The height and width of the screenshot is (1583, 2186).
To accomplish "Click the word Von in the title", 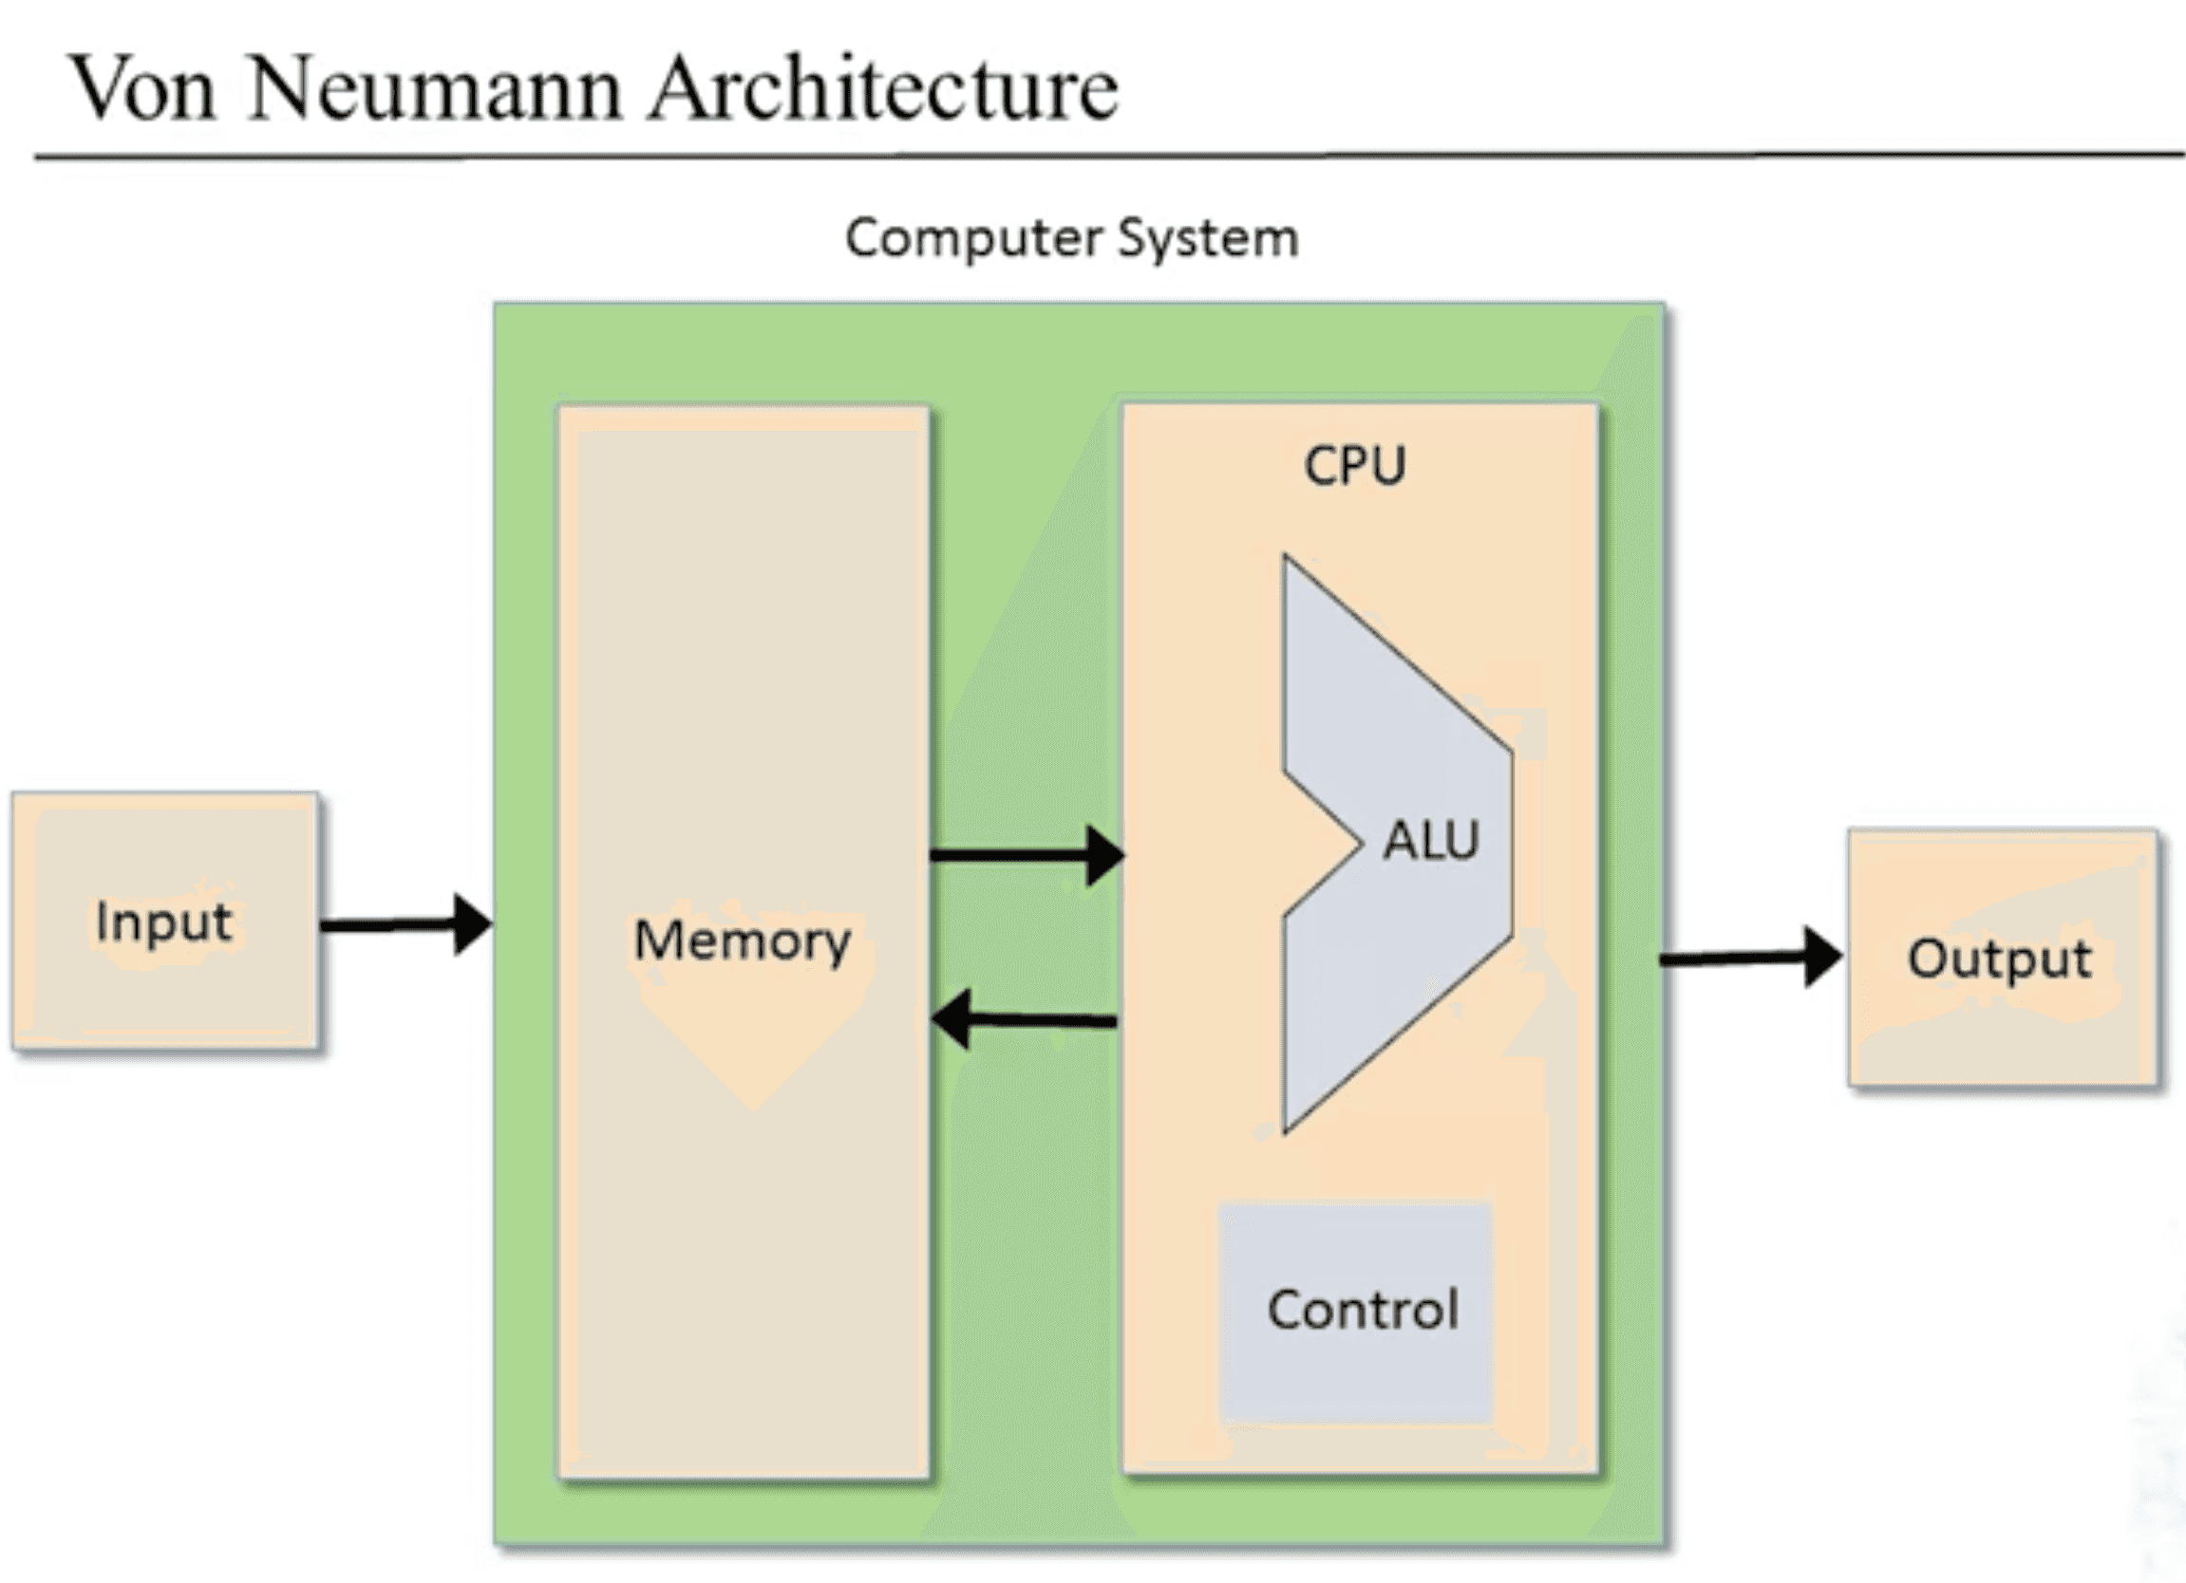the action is [141, 88].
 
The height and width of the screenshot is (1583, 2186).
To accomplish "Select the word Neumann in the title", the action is [435, 88].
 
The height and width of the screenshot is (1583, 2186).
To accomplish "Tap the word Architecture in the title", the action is [884, 87].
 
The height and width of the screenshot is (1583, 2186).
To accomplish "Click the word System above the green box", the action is [1208, 239].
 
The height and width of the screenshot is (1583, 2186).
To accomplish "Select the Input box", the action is [166, 921].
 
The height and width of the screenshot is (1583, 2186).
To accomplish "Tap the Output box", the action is [2002, 957].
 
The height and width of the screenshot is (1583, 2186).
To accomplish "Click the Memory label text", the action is [743, 941].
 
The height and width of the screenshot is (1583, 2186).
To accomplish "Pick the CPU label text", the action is [1354, 465].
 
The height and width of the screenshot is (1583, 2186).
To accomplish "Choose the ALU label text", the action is [1430, 840].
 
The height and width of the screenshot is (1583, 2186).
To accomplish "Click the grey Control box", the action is [1355, 1312].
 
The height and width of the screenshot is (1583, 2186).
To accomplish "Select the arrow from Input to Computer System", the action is [405, 925].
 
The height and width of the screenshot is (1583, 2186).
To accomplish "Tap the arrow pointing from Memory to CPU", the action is [1027, 854].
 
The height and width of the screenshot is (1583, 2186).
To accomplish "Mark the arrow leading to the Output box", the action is [1750, 958].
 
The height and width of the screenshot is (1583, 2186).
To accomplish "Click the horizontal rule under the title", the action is [1108, 155].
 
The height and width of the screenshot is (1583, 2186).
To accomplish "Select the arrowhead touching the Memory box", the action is [951, 1019].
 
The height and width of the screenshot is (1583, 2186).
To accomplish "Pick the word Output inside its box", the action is [2000, 959].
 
